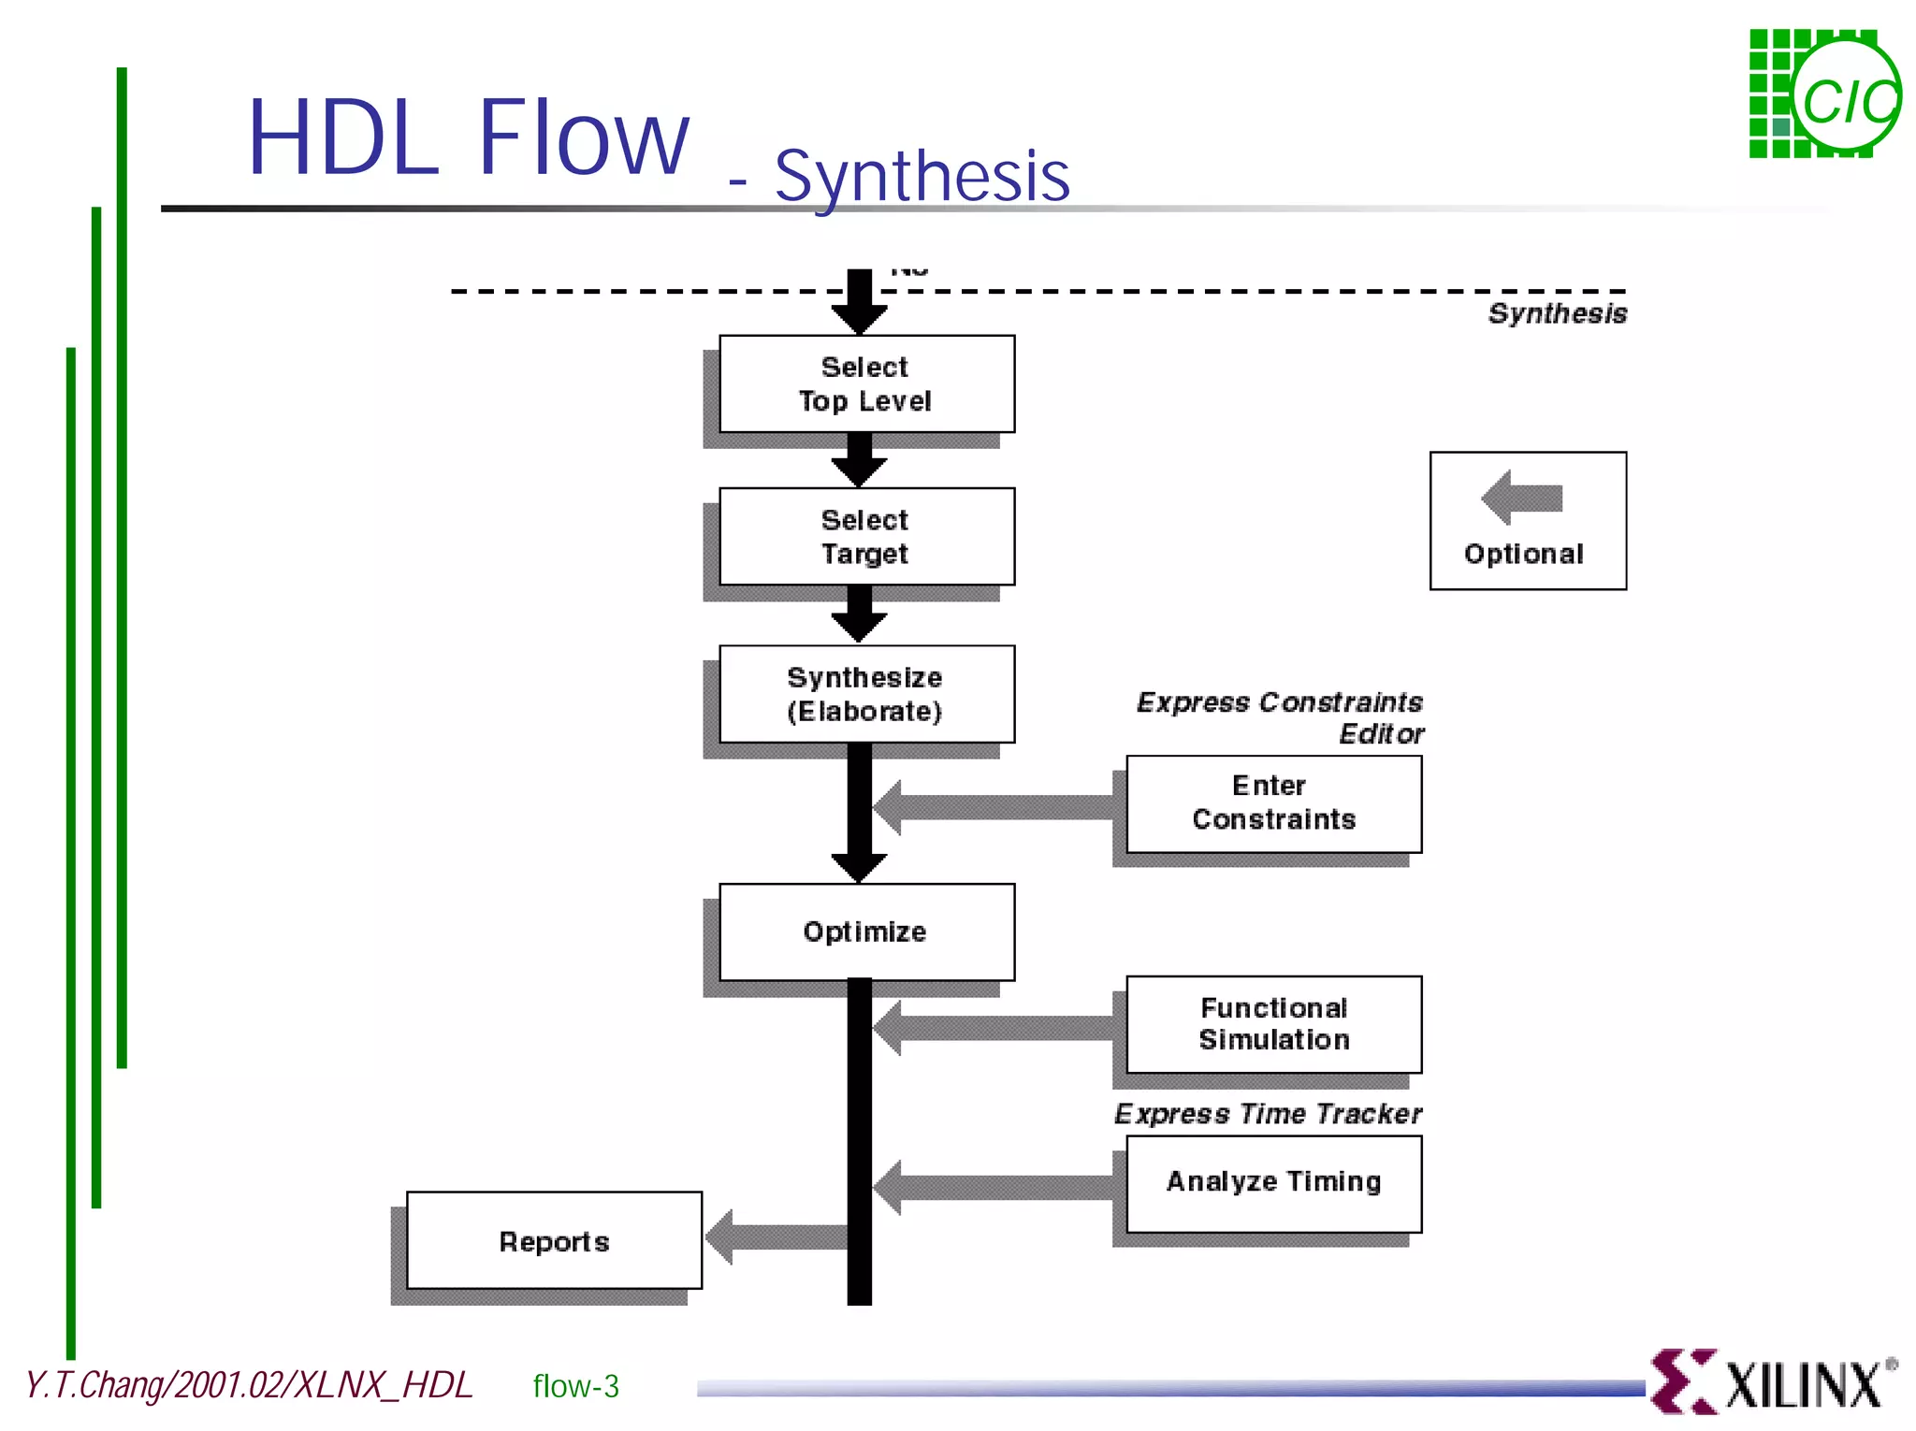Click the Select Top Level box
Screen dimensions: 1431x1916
click(866, 384)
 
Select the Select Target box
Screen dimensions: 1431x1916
click(866, 537)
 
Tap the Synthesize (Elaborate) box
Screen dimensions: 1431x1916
click(866, 694)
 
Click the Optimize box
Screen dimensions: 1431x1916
click(866, 932)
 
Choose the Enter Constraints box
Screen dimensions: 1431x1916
click(1273, 803)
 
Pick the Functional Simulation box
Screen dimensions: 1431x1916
click(1273, 1024)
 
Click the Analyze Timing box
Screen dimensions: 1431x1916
click(1273, 1182)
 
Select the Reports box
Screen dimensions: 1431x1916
click(554, 1241)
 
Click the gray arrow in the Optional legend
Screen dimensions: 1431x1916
click(1522, 498)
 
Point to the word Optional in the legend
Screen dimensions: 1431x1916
click(1524, 554)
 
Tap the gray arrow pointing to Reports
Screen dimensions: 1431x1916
click(776, 1236)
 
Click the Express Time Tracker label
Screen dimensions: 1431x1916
click(1268, 1114)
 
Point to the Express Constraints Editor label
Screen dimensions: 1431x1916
click(1281, 716)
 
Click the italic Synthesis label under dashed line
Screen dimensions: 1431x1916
click(1558, 313)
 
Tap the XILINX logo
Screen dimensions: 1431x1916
click(1773, 1382)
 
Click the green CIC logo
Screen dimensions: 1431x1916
click(1823, 94)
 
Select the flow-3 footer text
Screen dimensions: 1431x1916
click(575, 1386)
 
